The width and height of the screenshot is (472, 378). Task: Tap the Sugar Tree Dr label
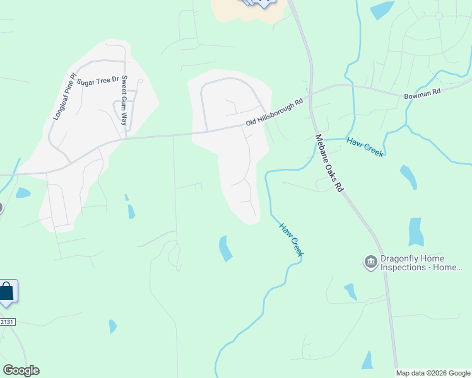pos(98,81)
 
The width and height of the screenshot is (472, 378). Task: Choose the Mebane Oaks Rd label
pos(329,163)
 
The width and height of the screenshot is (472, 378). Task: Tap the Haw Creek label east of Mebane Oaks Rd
pos(365,147)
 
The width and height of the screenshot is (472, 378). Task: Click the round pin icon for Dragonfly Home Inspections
pos(370,261)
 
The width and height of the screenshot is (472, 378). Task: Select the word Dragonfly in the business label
pos(402,258)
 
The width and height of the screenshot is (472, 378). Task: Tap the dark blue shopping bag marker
pos(6,292)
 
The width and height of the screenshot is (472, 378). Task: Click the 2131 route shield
pos(6,322)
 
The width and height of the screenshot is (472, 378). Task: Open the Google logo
pos(21,370)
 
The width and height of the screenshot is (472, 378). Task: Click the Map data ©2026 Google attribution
pos(434,373)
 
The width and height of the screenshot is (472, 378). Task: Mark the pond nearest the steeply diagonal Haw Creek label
pos(225,248)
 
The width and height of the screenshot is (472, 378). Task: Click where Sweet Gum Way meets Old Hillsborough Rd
pos(126,137)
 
